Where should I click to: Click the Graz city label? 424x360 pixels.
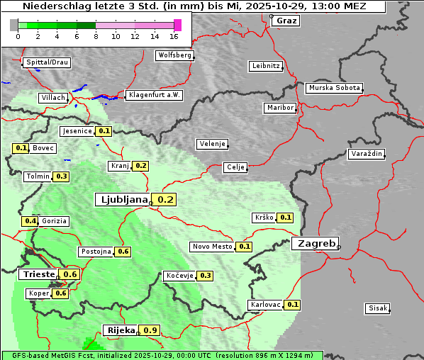[286, 21]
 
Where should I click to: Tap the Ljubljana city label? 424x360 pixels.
[122, 200]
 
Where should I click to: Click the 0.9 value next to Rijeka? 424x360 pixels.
[150, 330]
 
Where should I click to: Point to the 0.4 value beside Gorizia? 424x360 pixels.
[30, 221]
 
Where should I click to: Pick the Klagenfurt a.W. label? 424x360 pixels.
[154, 95]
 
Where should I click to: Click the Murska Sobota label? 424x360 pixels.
[334, 89]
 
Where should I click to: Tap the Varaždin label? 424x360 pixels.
[367, 154]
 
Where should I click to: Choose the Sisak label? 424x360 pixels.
[377, 308]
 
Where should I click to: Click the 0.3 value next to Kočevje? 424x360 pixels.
[206, 276]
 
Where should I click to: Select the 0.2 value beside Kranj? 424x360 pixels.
[140, 166]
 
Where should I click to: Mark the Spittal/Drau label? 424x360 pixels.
[47, 62]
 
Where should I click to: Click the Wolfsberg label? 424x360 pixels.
[174, 55]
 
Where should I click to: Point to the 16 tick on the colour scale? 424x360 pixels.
[174, 36]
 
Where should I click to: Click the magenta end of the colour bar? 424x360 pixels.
[177, 25]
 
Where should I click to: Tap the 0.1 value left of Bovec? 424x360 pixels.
[21, 148]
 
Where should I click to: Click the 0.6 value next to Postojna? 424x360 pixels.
[123, 252]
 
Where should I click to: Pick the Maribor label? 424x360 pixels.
[279, 108]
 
